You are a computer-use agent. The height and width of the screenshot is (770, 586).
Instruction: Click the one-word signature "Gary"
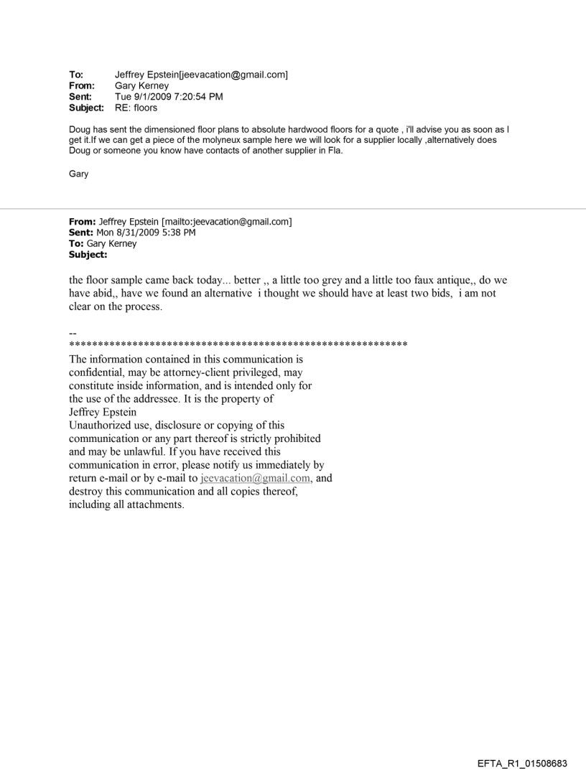coord(78,173)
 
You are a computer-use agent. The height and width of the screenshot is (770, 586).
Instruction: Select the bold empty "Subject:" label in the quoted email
coord(88,254)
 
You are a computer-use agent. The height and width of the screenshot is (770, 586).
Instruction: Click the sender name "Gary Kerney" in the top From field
coord(141,85)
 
